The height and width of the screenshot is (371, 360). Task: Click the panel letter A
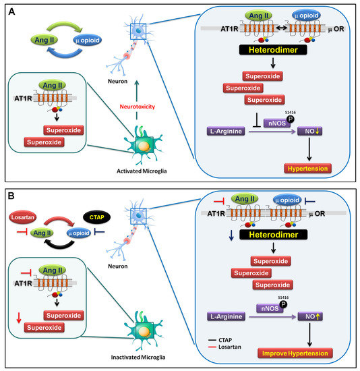point(11,11)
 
